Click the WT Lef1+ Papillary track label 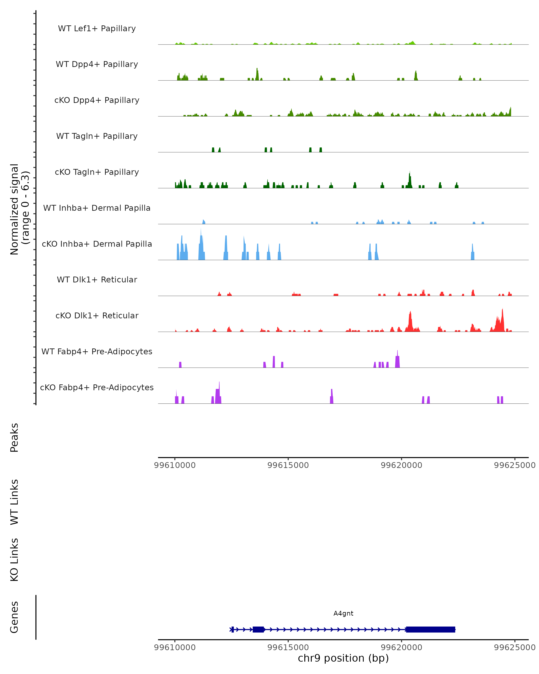point(97,29)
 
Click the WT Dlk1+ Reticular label point(97,279)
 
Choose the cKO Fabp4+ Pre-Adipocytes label point(97,387)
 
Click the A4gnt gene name point(343,613)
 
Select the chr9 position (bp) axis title point(343,658)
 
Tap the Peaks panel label point(14,437)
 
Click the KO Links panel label point(14,560)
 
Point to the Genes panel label point(14,617)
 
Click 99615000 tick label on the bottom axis point(288,647)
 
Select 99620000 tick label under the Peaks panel point(402,465)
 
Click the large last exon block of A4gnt point(430,629)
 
